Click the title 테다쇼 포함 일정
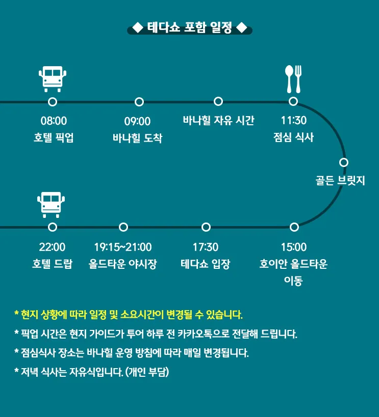click(x=190, y=27)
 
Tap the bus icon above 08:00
click(x=53, y=79)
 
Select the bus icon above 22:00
click(x=51, y=205)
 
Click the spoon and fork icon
click(x=293, y=79)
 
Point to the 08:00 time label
click(x=54, y=121)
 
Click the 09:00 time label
click(x=137, y=121)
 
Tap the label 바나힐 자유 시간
click(x=218, y=120)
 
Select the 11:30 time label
click(x=294, y=120)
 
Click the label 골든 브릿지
click(x=340, y=180)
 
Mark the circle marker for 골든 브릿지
click(x=344, y=162)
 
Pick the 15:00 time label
click(x=294, y=247)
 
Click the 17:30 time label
click(x=206, y=247)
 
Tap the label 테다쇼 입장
click(x=205, y=264)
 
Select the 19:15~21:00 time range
click(x=123, y=247)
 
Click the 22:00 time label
click(x=52, y=247)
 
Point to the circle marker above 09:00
click(x=139, y=102)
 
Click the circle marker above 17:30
click(x=206, y=227)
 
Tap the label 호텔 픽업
click(x=54, y=137)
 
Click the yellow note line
click(x=129, y=315)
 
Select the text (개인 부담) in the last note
click(x=147, y=372)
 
